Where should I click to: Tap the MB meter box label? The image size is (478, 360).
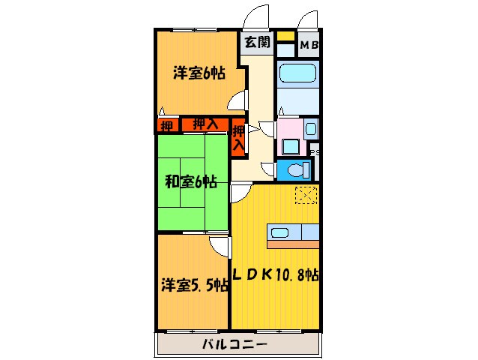pyautogui.click(x=309, y=46)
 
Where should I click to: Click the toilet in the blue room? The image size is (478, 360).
pyautogui.click(x=300, y=169)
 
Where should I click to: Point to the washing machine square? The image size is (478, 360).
pyautogui.click(x=289, y=145)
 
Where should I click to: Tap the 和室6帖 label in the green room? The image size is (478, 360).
pyautogui.click(x=191, y=181)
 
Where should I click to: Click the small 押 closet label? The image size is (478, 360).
pyautogui.click(x=166, y=125)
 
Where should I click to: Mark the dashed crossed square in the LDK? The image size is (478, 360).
pyautogui.click(x=306, y=194)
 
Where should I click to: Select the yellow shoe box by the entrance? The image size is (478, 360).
pyautogui.click(x=285, y=36)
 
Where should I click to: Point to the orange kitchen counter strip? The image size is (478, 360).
pyautogui.click(x=294, y=244)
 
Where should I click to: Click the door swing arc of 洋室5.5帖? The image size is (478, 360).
pyautogui.click(x=220, y=246)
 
